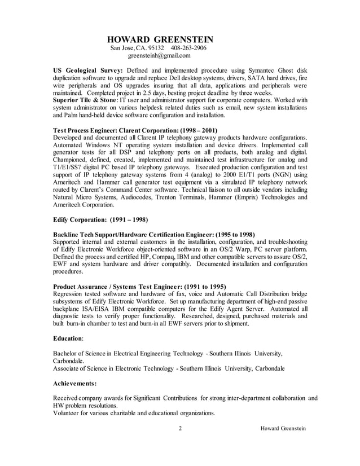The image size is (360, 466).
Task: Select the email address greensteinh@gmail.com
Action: click(159, 56)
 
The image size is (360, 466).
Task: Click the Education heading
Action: click(68, 338)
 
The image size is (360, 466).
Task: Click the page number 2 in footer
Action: click(180, 428)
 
